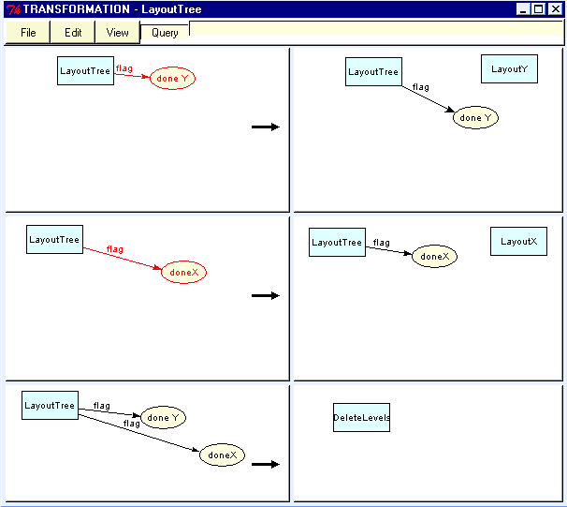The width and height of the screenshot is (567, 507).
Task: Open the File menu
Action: pos(28,33)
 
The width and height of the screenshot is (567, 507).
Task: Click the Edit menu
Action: pos(73,33)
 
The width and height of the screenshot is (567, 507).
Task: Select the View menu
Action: pos(117,33)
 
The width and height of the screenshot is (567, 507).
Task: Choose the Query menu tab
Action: pos(165,33)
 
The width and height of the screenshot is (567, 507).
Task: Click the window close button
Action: pos(556,9)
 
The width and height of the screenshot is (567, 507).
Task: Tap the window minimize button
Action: pos(524,9)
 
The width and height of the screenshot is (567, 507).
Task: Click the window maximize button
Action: pos(539,9)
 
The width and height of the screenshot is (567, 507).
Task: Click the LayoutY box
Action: pos(509,68)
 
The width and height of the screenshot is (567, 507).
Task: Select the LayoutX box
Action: pos(518,241)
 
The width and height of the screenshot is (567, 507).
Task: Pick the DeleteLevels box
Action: pos(361,418)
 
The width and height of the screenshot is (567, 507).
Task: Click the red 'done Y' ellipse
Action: pos(172,79)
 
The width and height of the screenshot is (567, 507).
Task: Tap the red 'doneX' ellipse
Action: pos(183,273)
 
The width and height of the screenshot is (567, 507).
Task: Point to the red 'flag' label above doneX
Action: pos(114,249)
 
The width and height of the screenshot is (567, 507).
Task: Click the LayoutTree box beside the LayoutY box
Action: pos(373,71)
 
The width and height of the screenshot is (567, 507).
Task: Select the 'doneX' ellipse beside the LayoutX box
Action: pos(434,256)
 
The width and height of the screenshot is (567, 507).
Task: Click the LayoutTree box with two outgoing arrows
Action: pos(50,406)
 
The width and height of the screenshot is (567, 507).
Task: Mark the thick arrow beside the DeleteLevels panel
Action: pos(266,464)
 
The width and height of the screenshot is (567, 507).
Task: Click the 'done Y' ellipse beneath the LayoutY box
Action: pos(475,118)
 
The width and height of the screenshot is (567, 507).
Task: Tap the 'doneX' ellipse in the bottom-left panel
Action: pos(222,455)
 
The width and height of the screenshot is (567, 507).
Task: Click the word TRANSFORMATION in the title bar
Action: pos(76,9)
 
